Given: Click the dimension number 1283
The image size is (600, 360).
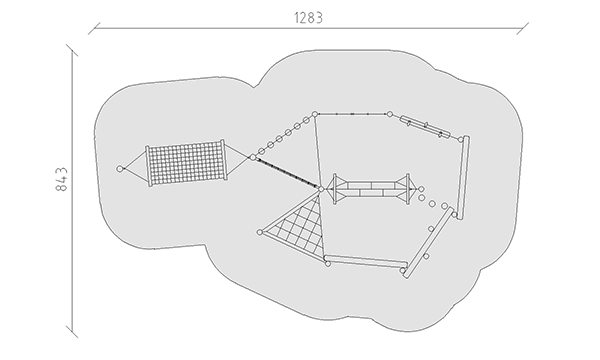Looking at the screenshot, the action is [x=308, y=18].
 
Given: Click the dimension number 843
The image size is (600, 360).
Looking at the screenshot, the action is [x=61, y=179].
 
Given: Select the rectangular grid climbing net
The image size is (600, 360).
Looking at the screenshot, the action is [x=186, y=163].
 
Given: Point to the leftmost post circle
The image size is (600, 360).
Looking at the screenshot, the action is [x=120, y=169].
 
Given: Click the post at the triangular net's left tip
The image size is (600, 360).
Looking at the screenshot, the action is [x=260, y=232].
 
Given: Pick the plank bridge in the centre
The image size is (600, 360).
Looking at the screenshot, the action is [x=372, y=189].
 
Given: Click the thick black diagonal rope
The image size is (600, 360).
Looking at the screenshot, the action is [x=287, y=173].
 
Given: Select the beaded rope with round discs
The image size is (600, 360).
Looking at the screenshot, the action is [x=284, y=135].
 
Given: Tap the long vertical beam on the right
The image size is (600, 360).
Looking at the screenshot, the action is [x=463, y=177].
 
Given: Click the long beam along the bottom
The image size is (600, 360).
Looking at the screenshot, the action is [x=365, y=261].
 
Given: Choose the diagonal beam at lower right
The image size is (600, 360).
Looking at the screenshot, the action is [x=429, y=243].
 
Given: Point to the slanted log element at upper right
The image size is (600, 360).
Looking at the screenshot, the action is [x=425, y=127].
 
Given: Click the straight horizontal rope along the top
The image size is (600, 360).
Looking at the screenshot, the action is [x=352, y=114].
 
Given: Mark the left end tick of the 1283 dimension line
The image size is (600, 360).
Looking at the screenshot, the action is [x=94, y=28].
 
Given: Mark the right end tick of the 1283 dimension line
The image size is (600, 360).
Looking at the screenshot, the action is [x=522, y=28].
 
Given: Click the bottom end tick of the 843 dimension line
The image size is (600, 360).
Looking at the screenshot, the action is [x=72, y=332].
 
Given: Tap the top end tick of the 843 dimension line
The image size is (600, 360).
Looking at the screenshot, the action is [x=72, y=50].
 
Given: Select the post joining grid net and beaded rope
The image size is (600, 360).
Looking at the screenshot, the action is [x=253, y=157].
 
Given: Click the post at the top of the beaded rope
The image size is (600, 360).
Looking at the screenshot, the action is [x=315, y=114].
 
